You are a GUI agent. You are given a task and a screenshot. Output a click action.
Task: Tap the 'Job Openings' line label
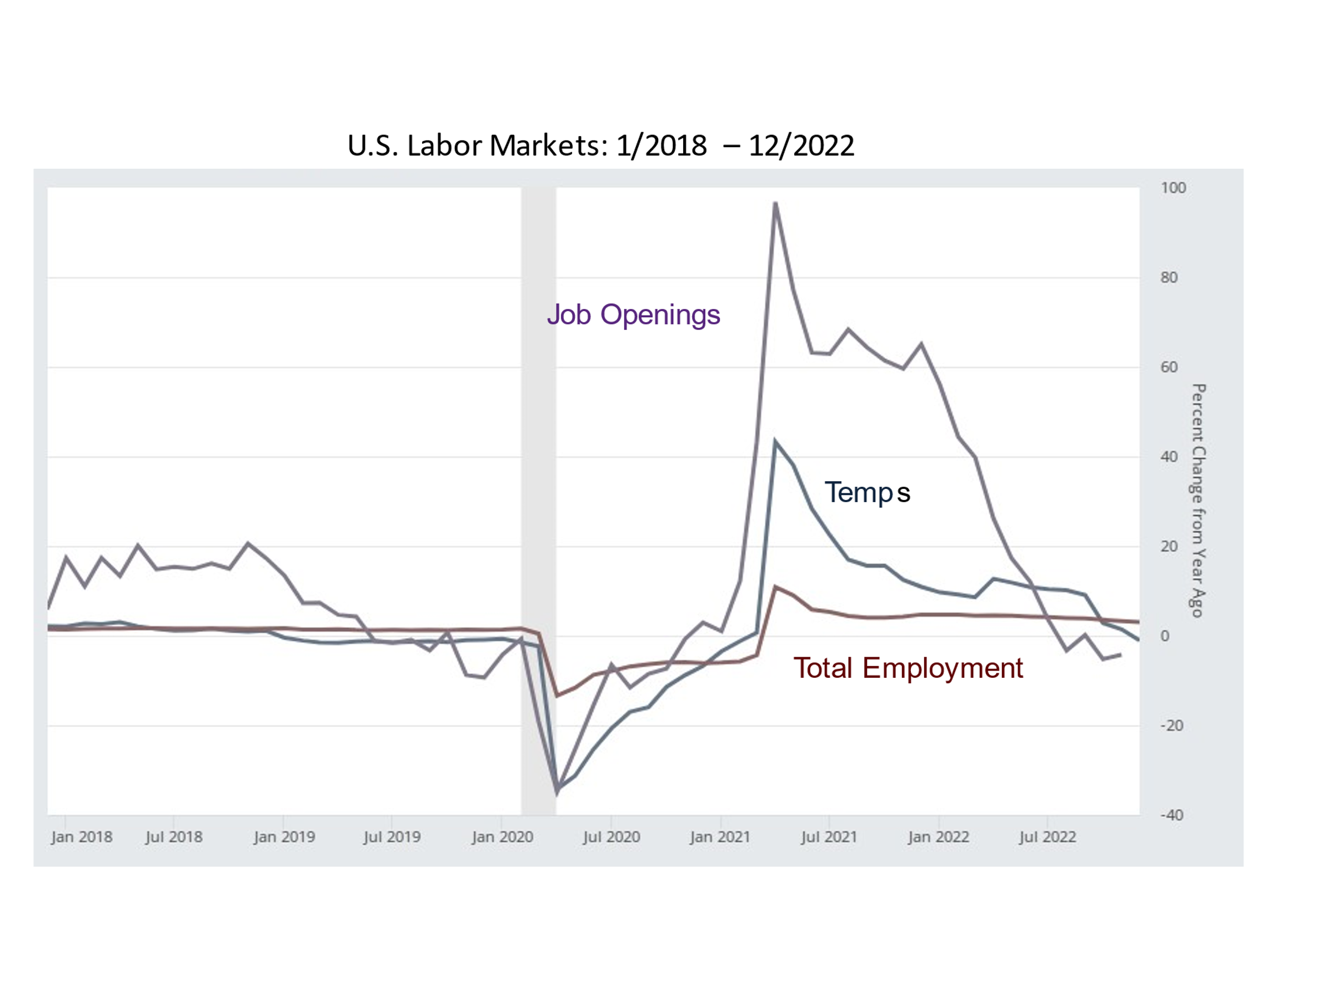(633, 314)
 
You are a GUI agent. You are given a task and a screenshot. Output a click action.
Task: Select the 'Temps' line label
(866, 492)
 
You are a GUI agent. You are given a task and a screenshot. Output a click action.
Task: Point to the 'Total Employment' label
(908, 668)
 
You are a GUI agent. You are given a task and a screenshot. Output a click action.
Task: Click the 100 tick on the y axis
(1172, 188)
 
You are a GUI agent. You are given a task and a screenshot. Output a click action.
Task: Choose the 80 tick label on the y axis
(1169, 278)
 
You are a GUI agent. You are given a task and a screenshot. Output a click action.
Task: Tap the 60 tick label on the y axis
(1169, 367)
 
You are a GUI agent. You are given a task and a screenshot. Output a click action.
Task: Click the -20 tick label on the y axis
(1171, 726)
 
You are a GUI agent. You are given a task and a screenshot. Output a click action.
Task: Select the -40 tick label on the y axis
(1171, 816)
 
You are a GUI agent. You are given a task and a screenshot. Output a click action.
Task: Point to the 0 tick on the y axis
(1164, 636)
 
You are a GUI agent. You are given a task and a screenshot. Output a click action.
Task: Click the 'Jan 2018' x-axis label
(81, 837)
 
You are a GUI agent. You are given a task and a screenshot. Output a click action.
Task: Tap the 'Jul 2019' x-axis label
(392, 837)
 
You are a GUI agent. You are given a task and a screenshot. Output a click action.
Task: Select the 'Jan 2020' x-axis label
(502, 837)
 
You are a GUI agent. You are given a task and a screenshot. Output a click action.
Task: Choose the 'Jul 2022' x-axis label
(1048, 837)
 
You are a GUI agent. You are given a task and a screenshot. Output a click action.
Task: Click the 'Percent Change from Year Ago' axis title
(1198, 501)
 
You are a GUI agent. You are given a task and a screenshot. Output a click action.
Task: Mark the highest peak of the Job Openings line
(775, 203)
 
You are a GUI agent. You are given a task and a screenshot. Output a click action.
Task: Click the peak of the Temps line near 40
(775, 441)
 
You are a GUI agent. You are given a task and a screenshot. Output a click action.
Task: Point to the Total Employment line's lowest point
(558, 696)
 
